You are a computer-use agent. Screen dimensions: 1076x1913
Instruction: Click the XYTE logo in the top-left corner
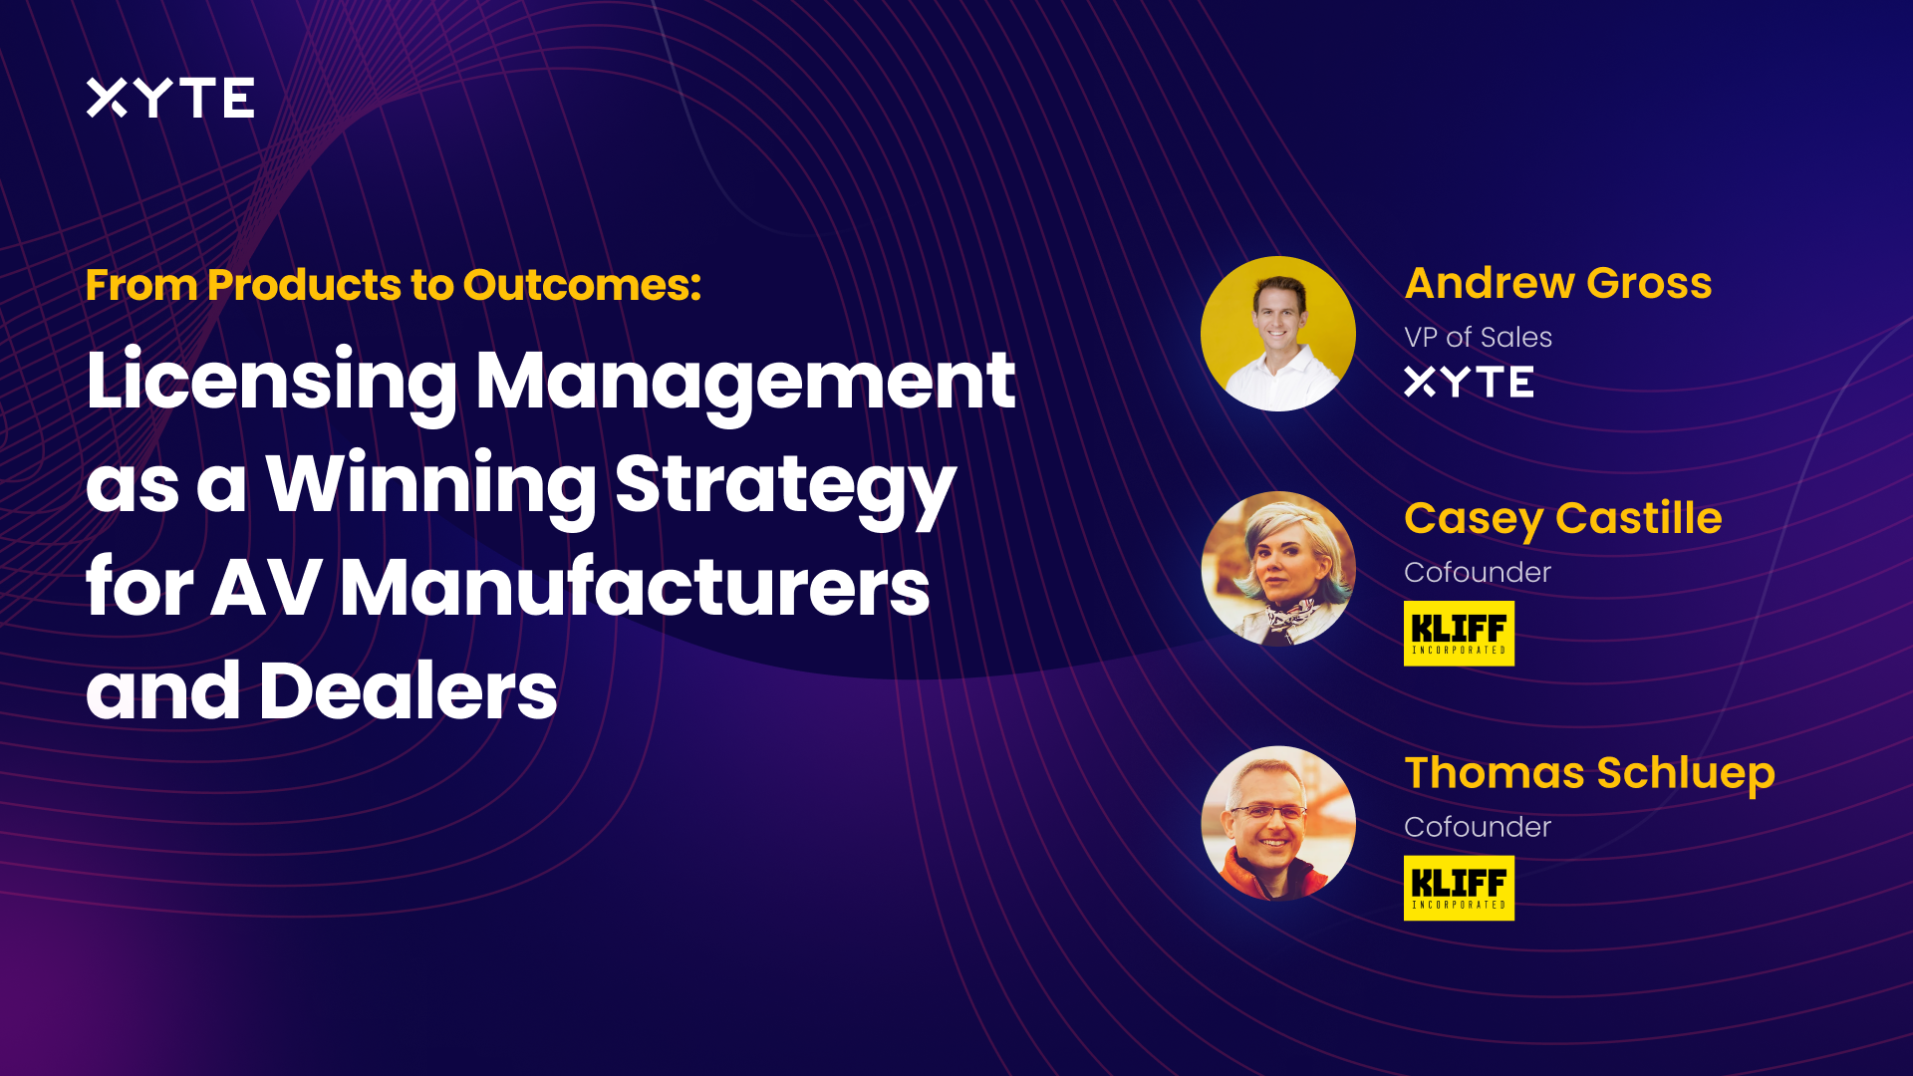(x=170, y=98)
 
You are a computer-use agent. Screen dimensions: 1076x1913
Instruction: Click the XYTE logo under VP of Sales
(x=1469, y=382)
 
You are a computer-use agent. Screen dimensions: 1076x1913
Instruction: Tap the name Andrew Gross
(x=1557, y=283)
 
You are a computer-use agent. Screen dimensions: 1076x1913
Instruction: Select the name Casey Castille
(x=1562, y=518)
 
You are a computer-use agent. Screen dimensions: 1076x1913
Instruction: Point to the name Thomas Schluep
(x=1589, y=773)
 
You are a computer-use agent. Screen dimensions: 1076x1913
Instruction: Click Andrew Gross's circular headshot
(x=1277, y=334)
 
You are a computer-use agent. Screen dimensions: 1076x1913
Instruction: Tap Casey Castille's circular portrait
(x=1277, y=569)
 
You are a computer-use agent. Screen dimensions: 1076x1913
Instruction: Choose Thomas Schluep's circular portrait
(x=1277, y=824)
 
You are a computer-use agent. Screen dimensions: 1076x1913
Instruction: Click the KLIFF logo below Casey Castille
(x=1459, y=633)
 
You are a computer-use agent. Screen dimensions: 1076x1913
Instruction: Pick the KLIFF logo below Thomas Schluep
(x=1459, y=888)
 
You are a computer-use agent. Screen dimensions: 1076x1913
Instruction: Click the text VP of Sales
(x=1478, y=337)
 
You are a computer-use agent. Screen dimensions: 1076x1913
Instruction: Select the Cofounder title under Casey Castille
(x=1477, y=572)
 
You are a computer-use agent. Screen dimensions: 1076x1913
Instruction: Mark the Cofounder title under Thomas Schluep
(x=1477, y=827)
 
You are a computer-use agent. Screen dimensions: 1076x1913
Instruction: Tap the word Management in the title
(x=745, y=382)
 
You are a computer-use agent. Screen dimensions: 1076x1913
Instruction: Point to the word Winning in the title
(x=430, y=485)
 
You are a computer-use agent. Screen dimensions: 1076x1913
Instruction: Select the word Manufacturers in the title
(x=635, y=588)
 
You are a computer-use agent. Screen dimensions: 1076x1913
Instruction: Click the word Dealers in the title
(x=408, y=691)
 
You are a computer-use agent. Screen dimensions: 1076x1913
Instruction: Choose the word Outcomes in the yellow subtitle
(x=582, y=285)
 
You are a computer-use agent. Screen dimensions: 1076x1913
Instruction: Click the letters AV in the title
(x=266, y=588)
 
